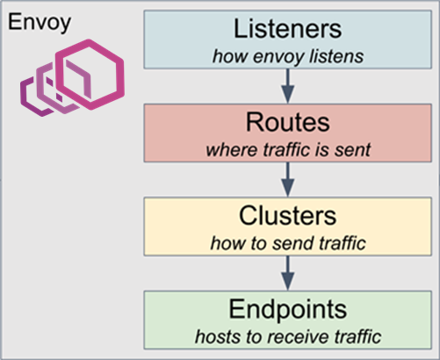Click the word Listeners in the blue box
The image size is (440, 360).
(x=287, y=29)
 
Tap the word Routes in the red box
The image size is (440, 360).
(x=288, y=122)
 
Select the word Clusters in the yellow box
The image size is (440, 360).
(x=288, y=216)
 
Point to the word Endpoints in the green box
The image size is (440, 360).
(x=288, y=310)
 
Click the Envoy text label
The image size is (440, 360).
(x=40, y=23)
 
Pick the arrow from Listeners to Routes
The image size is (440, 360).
(x=288, y=86)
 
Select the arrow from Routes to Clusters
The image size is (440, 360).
(x=288, y=179)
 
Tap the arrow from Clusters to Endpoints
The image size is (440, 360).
(x=288, y=273)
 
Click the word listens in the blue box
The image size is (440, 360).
(x=336, y=56)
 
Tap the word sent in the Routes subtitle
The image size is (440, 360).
(x=353, y=150)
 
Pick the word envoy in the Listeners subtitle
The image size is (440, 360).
(x=279, y=57)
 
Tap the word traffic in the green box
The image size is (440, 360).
(x=357, y=337)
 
